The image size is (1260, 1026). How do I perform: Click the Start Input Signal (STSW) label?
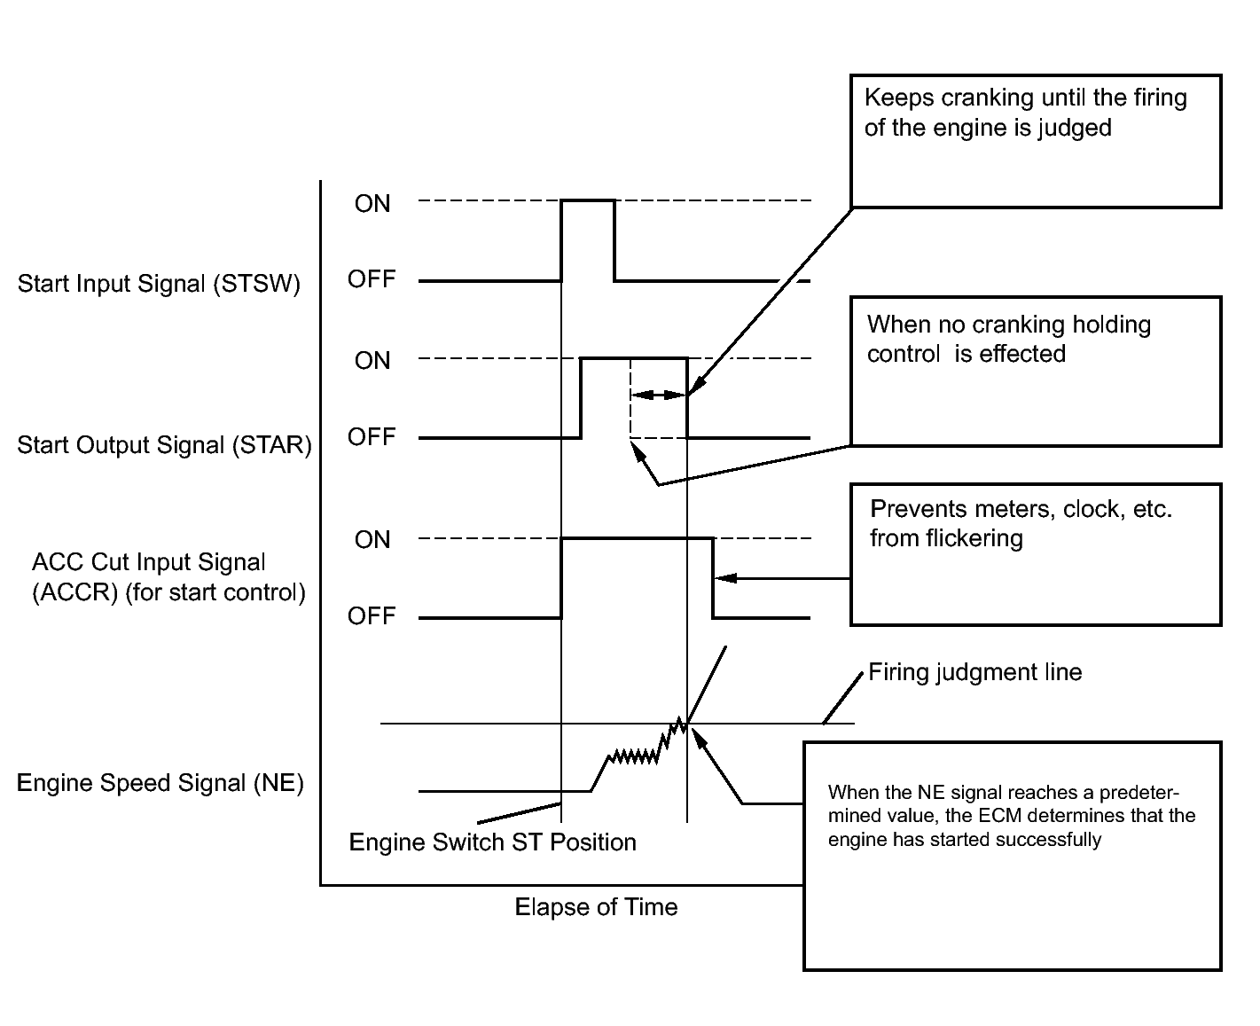[160, 284]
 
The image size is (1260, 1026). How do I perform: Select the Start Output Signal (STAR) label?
[165, 444]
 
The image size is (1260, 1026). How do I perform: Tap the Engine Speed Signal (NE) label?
[160, 783]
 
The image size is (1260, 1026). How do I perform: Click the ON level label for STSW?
[372, 204]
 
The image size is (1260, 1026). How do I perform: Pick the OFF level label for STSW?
[372, 279]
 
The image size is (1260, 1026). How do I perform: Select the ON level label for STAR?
[372, 360]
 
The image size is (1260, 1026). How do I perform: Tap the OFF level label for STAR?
[372, 437]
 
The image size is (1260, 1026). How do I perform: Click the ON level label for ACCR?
[372, 540]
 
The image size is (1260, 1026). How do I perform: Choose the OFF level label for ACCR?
[372, 616]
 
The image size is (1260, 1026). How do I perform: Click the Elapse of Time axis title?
[596, 907]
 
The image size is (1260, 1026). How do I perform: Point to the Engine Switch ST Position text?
[493, 842]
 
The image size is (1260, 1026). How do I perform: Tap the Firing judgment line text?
[974, 672]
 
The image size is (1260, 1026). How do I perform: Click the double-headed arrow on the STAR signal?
[658, 395]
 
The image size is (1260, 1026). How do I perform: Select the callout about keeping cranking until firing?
[1036, 141]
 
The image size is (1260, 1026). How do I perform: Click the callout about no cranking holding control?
[1036, 371]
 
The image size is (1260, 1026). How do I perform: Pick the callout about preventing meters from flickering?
[1036, 554]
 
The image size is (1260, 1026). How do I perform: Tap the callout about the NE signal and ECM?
[1012, 855]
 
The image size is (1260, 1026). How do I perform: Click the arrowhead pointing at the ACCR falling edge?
[722, 578]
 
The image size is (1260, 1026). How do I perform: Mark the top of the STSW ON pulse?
[588, 200]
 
